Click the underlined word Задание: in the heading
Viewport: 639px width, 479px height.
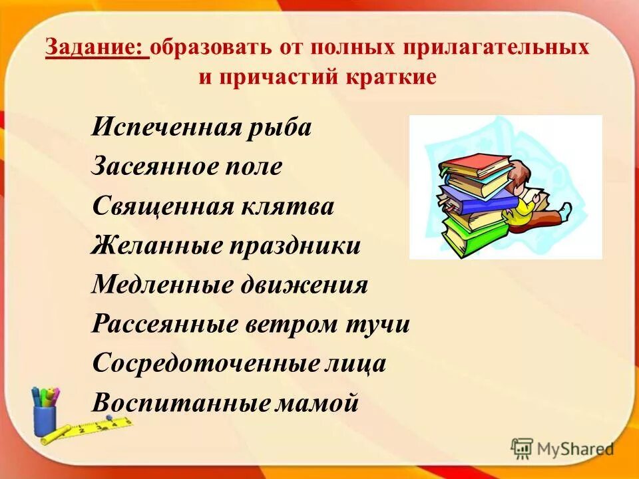click(x=97, y=49)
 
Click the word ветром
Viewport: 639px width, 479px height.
click(x=292, y=325)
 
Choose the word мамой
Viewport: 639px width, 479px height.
click(x=318, y=403)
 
